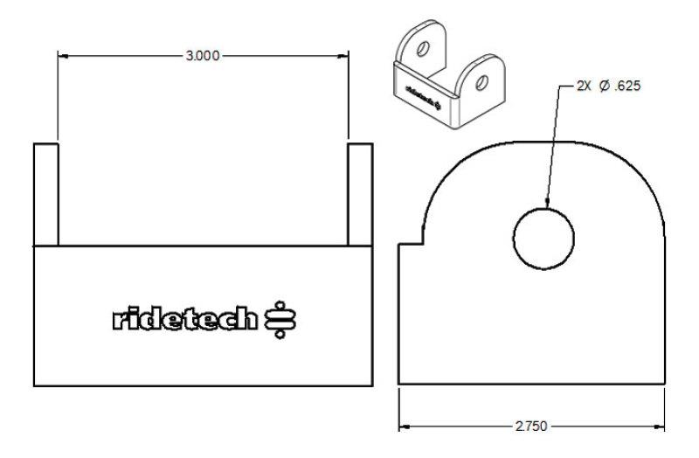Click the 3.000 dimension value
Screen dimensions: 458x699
point(203,56)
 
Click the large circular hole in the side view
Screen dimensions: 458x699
point(543,239)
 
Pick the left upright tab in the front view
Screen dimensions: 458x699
point(45,193)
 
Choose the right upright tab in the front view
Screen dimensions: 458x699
point(359,193)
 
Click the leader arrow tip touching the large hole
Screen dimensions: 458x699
point(545,205)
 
